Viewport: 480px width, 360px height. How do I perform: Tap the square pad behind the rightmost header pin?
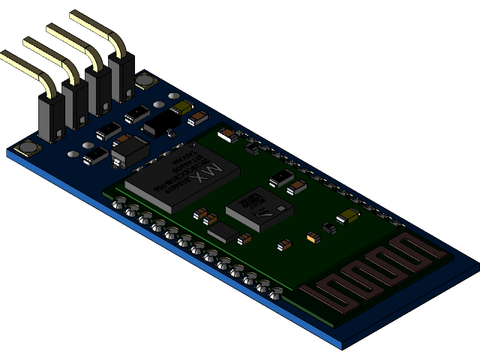coord(145,80)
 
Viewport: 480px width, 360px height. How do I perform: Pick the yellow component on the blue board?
coord(182,108)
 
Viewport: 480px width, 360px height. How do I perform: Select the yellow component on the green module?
coord(348,217)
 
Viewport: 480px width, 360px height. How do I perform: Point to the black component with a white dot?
coord(281,177)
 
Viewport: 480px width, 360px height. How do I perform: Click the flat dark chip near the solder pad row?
coord(223,232)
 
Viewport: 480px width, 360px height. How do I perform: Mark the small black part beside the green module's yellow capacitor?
coord(329,227)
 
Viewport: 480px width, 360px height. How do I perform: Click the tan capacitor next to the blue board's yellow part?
coord(199,118)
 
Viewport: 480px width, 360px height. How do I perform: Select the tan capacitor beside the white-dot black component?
coord(297,187)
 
